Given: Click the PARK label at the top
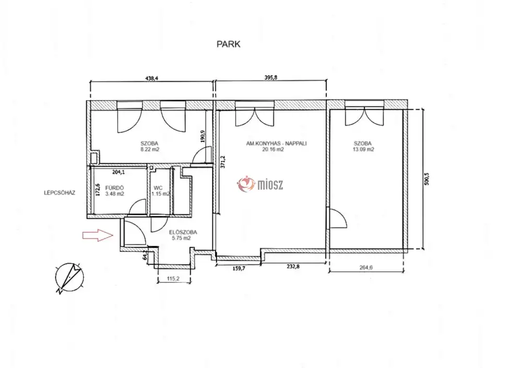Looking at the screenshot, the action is pyautogui.click(x=229, y=44).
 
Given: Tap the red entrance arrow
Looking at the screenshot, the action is pyautogui.click(x=98, y=236).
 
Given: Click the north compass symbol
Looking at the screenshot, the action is pyautogui.click(x=69, y=278).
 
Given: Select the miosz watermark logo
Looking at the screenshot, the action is pyautogui.click(x=260, y=184).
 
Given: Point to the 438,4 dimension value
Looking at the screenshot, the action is pyautogui.click(x=152, y=79).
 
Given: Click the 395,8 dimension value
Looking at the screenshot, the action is pyautogui.click(x=270, y=78).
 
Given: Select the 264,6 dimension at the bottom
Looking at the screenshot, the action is pyautogui.click(x=366, y=267).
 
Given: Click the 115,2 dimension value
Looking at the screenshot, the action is pyautogui.click(x=173, y=279).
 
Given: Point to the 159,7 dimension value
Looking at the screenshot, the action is pyautogui.click(x=239, y=268).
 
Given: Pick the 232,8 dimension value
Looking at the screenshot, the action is pyautogui.click(x=293, y=266).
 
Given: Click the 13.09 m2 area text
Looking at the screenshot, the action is pyautogui.click(x=363, y=150).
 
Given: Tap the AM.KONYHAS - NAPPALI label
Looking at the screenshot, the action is pyautogui.click(x=276, y=144).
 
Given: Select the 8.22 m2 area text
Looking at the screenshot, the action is pyautogui.click(x=150, y=150).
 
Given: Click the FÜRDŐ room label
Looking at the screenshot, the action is pyautogui.click(x=114, y=188).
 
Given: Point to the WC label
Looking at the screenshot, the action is pyautogui.click(x=158, y=188).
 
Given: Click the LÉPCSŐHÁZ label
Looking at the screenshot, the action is pyautogui.click(x=60, y=192).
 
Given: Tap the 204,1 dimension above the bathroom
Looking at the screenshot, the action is pyautogui.click(x=118, y=172).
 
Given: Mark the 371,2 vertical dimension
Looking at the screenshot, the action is pyautogui.click(x=223, y=162).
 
